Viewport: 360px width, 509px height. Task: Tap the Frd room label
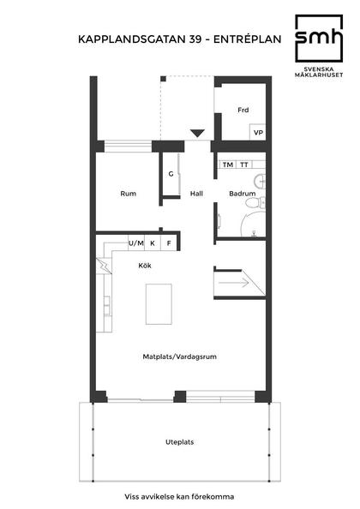point(243,110)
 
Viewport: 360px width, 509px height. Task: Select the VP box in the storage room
point(257,133)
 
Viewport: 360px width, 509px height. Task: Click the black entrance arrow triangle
point(197,133)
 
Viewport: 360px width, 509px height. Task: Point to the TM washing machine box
point(228,165)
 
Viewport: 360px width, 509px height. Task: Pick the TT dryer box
point(245,165)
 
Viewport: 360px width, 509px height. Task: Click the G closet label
point(171,174)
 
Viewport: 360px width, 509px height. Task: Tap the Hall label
point(196,194)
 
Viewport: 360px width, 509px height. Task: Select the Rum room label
point(129,194)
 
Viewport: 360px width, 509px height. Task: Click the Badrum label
point(242,194)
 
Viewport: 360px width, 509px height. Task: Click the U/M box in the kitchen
point(135,243)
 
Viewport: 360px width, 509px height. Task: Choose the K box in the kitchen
point(153,243)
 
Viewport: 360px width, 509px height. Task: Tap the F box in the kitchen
point(169,243)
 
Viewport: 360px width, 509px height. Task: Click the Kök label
point(145,265)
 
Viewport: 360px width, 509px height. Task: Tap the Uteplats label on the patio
point(179,442)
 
